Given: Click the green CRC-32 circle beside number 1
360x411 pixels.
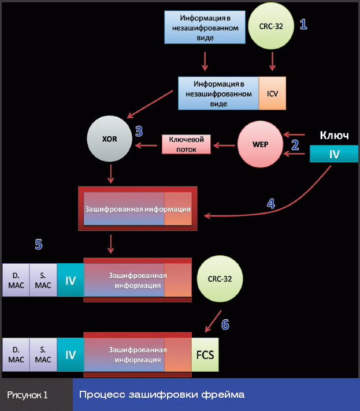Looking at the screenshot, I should [271, 26].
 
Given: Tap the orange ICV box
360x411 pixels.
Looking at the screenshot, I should [272, 92].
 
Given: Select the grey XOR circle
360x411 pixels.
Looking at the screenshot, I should [110, 140].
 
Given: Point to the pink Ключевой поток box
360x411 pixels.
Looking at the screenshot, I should [186, 144].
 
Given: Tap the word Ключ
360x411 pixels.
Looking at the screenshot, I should [334, 135].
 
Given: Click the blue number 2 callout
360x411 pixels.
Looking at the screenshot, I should [295, 145].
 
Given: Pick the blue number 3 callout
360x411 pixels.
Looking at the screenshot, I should [139, 131].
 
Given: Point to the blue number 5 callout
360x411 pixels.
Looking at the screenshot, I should [38, 245].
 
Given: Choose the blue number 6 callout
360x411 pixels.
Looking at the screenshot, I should [225, 325].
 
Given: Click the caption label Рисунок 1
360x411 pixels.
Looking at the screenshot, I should [28, 395].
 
